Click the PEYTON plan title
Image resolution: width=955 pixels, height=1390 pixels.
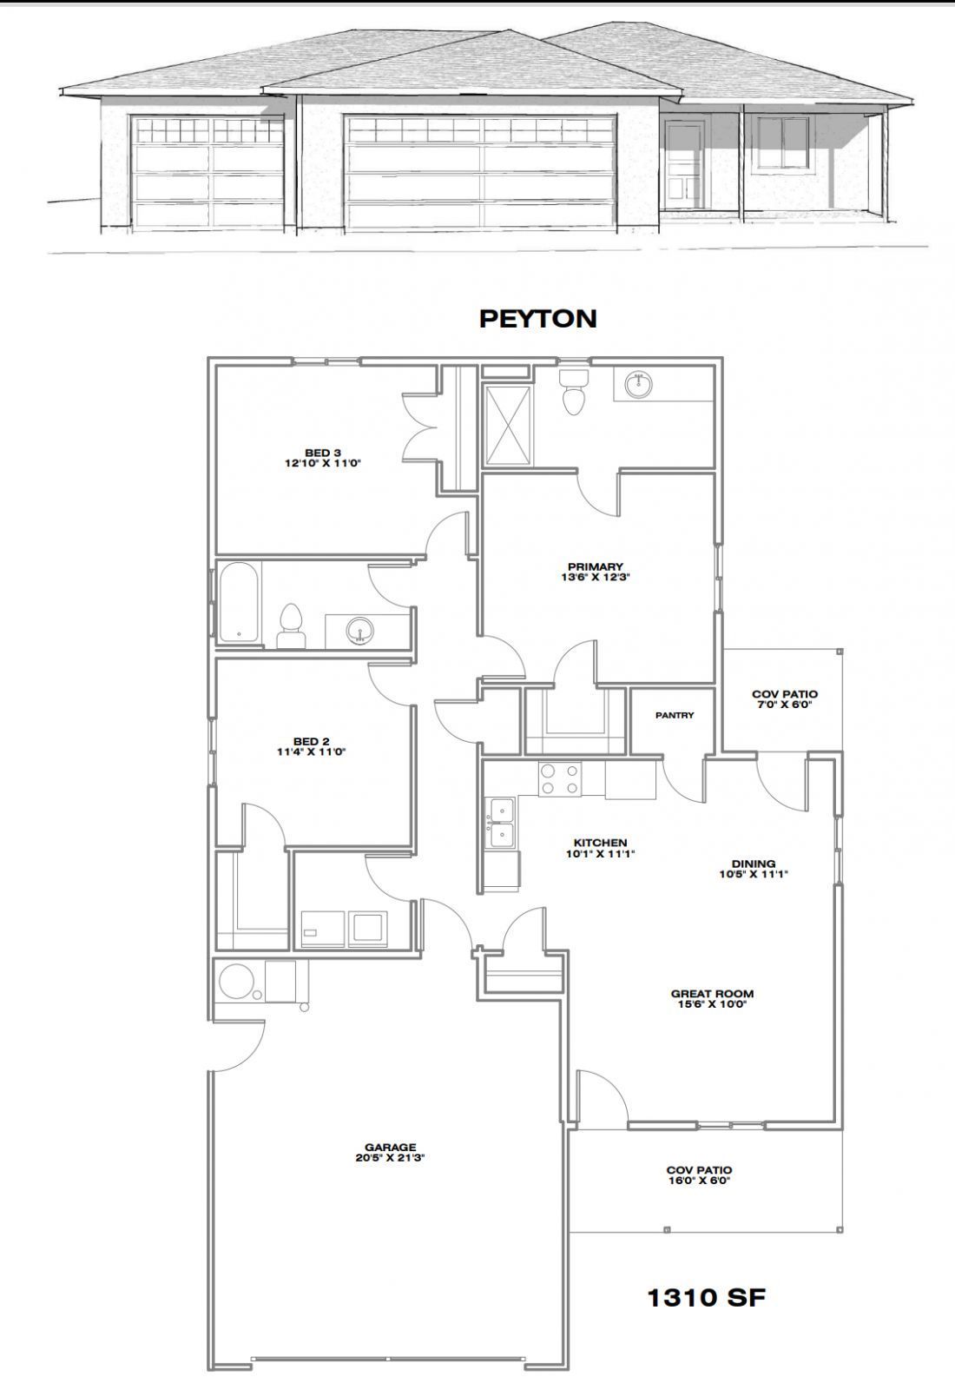537,319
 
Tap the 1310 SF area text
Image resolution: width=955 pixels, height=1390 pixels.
706,1298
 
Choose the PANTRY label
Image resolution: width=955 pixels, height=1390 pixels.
675,716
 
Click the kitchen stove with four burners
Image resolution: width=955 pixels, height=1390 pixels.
559,779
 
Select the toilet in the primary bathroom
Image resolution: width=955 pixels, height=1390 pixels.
574,393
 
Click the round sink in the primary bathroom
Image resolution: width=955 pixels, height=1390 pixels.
639,383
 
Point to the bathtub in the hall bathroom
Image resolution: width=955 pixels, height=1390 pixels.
238,602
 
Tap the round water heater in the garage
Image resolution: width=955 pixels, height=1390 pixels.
235,982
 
